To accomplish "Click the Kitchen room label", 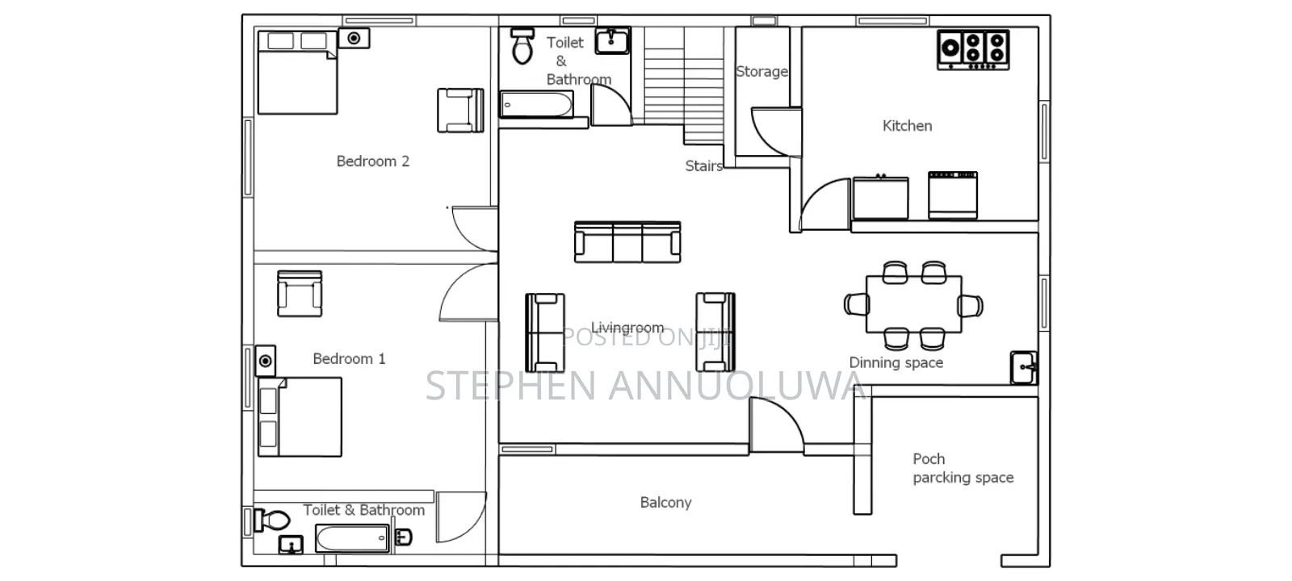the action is click(x=907, y=126).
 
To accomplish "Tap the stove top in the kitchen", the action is click(x=973, y=49).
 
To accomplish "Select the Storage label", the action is click(x=761, y=72).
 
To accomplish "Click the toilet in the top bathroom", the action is click(x=522, y=45).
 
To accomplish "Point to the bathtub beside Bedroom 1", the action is click(x=352, y=537).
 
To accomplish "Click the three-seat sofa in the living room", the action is click(x=627, y=242).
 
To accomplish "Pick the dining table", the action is click(x=913, y=304).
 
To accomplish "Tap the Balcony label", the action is click(x=665, y=503).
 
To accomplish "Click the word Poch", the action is click(x=929, y=459).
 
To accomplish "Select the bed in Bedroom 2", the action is click(x=298, y=73).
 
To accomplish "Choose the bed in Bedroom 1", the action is click(x=300, y=417).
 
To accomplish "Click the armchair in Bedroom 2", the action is click(x=460, y=111).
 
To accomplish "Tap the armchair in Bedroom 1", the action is click(x=300, y=294).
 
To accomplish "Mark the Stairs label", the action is click(x=703, y=166).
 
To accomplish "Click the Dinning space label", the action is click(x=896, y=362).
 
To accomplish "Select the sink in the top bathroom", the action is click(x=612, y=41).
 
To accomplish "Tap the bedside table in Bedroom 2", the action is click(x=354, y=38).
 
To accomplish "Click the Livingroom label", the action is click(x=627, y=328).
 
